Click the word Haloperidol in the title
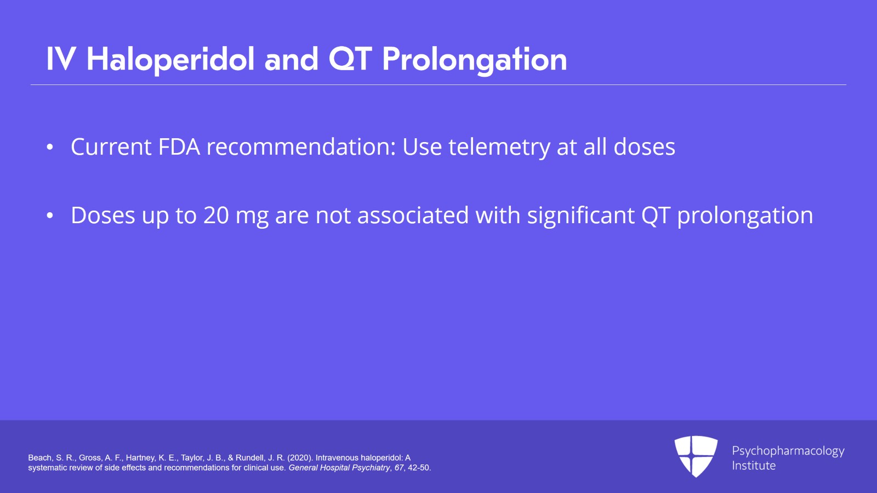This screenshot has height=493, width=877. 170,59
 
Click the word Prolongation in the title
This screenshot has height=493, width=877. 474,59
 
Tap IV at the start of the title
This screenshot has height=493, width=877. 61,59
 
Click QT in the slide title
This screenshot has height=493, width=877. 350,59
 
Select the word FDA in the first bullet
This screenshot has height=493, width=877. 179,147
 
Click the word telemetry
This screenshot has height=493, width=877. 499,147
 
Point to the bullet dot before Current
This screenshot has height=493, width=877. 50,148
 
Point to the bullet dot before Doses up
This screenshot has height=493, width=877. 50,216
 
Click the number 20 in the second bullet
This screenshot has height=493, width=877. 216,216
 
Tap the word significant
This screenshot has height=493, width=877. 580,216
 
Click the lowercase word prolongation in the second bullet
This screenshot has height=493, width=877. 745,216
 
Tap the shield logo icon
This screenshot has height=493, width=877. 696,456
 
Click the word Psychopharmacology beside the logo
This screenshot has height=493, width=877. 788,451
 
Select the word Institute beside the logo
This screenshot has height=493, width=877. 754,466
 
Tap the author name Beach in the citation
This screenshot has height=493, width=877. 39,458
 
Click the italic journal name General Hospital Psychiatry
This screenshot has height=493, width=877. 339,468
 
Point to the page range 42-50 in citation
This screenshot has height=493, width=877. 419,468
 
